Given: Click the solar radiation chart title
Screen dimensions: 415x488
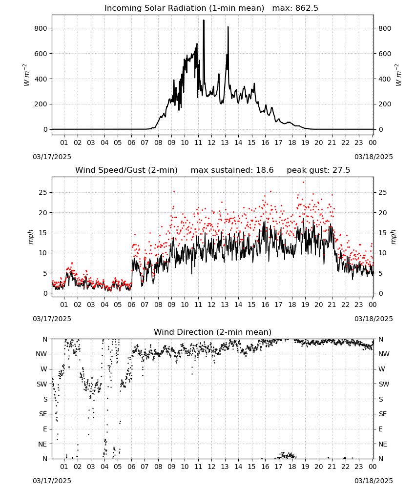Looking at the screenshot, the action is coord(184,8).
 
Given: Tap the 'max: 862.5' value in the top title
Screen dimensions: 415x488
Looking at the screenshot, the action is coord(295,8).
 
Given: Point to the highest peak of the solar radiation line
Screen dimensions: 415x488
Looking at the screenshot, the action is coord(204,20).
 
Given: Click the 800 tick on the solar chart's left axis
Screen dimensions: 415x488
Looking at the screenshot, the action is coord(41,28).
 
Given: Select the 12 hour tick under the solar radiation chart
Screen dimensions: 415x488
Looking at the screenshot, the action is coord(211,142).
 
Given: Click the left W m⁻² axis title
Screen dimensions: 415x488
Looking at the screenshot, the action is coord(26,75).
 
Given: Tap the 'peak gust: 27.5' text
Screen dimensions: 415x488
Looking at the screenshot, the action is coord(318,170).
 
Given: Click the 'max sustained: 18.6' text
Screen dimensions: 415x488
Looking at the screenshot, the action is coord(232,170).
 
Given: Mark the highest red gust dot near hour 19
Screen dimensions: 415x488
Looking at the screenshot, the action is coord(304,183).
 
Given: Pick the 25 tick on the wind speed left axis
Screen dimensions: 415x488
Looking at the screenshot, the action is coord(43,192).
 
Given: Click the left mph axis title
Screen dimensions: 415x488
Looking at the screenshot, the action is coord(30,237).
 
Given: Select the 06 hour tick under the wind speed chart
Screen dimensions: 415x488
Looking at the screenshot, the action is coord(131,305).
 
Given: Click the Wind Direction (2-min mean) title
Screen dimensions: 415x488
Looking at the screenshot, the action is coord(213,332).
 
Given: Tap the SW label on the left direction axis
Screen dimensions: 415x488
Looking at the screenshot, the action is coord(42,384).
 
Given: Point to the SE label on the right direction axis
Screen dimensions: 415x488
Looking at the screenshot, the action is coord(383,414).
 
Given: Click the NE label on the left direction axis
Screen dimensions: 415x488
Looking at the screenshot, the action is coord(42,444).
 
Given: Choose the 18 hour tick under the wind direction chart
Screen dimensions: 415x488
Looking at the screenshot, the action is coord(291,467).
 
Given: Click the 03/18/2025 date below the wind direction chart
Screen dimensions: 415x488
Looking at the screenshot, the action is coord(373,481).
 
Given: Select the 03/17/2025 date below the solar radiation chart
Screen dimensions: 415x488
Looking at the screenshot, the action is coord(52,157).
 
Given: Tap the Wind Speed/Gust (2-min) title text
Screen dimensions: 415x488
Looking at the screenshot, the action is coord(126,170).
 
